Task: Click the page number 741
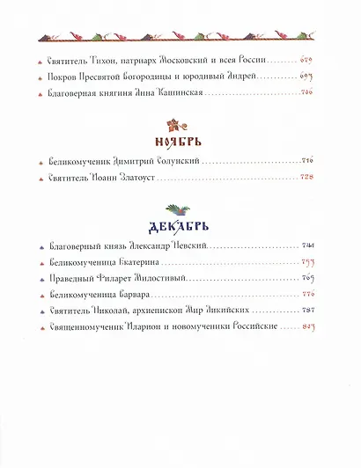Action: [x=307, y=245]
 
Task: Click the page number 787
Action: [x=307, y=311]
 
